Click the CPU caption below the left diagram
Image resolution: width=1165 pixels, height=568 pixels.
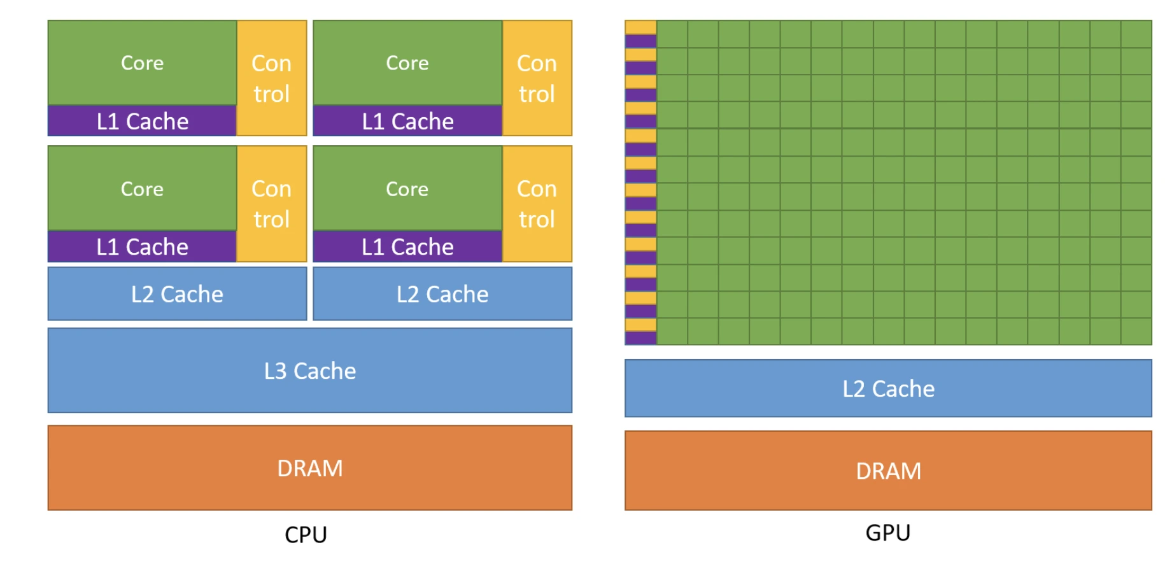pos(306,534)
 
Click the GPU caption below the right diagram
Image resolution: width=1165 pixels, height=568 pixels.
pos(887,532)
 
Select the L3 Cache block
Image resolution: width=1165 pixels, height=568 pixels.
pos(310,371)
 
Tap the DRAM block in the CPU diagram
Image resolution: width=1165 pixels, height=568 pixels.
pos(310,468)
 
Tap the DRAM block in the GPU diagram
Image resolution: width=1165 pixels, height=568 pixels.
pos(888,471)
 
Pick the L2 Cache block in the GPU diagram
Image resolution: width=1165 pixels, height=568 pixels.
pos(888,388)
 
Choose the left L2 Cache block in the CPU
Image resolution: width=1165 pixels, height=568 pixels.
pos(177,294)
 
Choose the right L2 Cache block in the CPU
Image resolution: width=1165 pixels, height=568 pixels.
pos(442,294)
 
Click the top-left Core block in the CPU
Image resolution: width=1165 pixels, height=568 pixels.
pos(142,62)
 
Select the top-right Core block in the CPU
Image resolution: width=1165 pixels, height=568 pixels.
pos(407,62)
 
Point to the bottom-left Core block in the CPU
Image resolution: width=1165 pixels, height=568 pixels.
pos(142,188)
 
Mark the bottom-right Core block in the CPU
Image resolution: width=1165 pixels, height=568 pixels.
pos(407,188)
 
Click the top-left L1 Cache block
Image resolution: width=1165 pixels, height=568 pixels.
pos(142,121)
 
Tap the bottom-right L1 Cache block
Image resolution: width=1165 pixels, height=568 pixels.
pos(407,246)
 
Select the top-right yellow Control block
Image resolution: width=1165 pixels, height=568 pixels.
pos(537,78)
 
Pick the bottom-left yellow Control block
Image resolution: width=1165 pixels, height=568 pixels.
pos(271,204)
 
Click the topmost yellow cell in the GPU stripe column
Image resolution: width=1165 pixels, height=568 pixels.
pos(640,27)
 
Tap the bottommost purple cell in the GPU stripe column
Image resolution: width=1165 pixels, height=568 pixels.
pos(640,338)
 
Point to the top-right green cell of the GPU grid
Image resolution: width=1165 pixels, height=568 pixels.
pos(1136,34)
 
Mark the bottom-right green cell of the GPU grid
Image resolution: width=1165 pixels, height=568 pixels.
pos(1136,331)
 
